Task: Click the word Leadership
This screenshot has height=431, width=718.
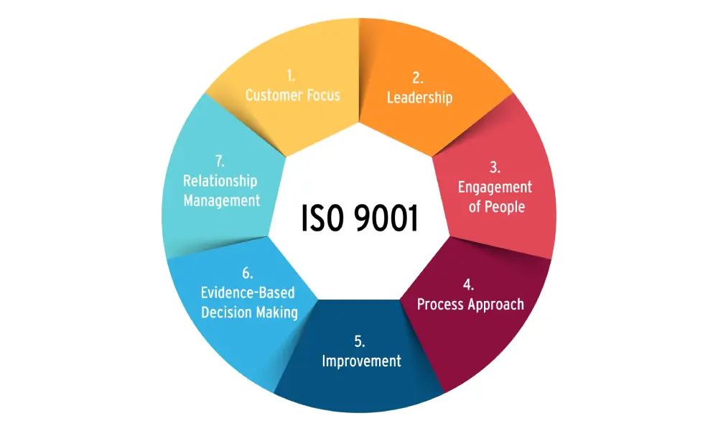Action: [419, 98]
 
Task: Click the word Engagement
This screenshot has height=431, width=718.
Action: [495, 187]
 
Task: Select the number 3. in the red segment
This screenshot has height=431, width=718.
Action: [495, 168]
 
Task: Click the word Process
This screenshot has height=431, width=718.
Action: [441, 304]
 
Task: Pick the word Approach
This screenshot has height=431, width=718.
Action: [496, 304]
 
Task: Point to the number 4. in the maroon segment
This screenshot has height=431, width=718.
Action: [469, 284]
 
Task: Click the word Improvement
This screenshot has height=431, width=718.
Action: [361, 361]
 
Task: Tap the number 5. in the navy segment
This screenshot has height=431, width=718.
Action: [360, 341]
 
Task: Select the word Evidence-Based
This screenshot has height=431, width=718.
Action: [247, 293]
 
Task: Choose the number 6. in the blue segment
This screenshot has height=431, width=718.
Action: [247, 274]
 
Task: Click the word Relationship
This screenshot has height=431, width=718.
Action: [220, 181]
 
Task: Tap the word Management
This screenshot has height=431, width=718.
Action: [221, 200]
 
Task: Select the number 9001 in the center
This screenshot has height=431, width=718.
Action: [386, 218]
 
